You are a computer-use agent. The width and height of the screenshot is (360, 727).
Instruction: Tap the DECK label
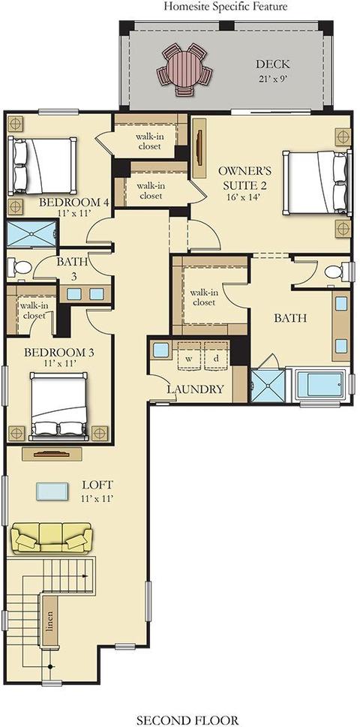273,65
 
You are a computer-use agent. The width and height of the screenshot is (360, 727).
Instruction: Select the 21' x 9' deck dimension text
273,78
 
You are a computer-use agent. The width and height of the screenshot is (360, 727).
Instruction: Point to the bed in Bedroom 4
42,166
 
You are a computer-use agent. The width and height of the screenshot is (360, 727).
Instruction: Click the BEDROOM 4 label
73,203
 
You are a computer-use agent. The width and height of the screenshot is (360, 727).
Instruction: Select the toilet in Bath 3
19,267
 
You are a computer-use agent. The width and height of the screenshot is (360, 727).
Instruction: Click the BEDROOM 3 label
58,353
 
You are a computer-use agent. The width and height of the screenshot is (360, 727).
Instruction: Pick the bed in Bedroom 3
58,406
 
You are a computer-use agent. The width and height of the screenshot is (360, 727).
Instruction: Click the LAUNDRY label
195,389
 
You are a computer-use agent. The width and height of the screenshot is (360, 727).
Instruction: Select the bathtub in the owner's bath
318,385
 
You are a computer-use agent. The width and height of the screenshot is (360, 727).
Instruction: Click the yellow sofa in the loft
52,537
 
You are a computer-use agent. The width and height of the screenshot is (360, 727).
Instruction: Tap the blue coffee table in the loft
52,491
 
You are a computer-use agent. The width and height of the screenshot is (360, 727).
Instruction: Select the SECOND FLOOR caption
187,720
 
